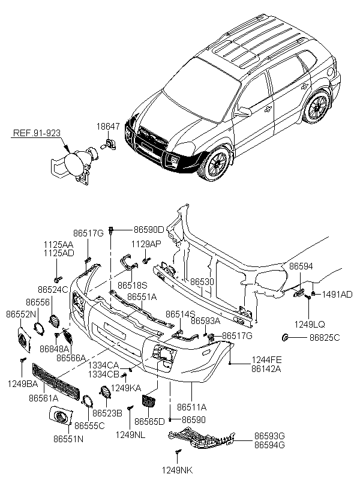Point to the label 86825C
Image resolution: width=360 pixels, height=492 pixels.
click(325, 337)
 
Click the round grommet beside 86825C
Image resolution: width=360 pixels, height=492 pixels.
click(287, 338)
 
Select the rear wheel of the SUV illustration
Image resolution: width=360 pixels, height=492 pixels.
click(317, 109)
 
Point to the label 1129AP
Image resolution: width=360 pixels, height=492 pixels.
click(146, 244)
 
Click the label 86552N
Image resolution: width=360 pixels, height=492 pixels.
click(19, 314)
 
